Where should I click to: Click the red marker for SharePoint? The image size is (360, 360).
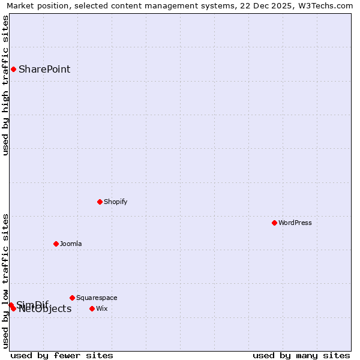click(x=13, y=69)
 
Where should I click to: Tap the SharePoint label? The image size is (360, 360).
click(x=44, y=69)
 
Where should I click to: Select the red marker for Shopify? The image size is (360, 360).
click(x=100, y=202)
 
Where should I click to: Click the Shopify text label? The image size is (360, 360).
click(x=115, y=202)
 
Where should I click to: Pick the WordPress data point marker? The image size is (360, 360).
click(x=274, y=223)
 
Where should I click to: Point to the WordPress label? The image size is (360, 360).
click(x=295, y=223)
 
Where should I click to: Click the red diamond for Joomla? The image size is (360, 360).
click(x=56, y=244)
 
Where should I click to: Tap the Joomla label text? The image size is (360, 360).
click(x=71, y=244)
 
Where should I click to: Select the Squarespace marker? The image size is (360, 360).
click(x=72, y=298)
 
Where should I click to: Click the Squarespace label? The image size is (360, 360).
click(x=97, y=298)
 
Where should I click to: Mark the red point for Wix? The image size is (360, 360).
click(x=92, y=308)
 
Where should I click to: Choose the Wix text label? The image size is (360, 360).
click(x=102, y=308)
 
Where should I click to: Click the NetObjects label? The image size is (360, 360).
click(x=45, y=310)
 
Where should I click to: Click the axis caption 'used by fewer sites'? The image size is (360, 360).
click(x=62, y=355)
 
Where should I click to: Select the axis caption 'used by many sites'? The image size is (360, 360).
click(x=301, y=355)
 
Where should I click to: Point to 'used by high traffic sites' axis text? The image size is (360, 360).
click(x=5, y=85)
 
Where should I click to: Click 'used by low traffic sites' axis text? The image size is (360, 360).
click(x=5, y=281)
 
